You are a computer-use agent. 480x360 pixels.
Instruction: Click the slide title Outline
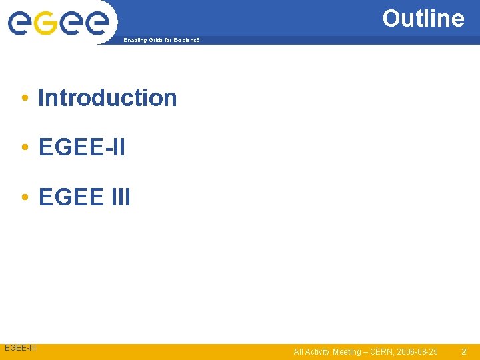click(x=423, y=18)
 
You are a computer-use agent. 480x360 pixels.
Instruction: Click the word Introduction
click(x=107, y=97)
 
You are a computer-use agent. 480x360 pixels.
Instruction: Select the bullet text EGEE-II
click(x=81, y=147)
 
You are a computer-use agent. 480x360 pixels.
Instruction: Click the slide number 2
click(x=464, y=351)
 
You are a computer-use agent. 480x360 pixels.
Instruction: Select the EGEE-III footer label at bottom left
click(x=21, y=348)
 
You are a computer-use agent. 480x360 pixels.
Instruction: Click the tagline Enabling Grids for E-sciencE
click(x=161, y=41)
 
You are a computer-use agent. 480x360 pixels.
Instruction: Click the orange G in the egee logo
click(x=45, y=23)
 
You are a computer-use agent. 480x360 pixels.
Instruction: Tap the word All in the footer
click(x=298, y=351)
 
